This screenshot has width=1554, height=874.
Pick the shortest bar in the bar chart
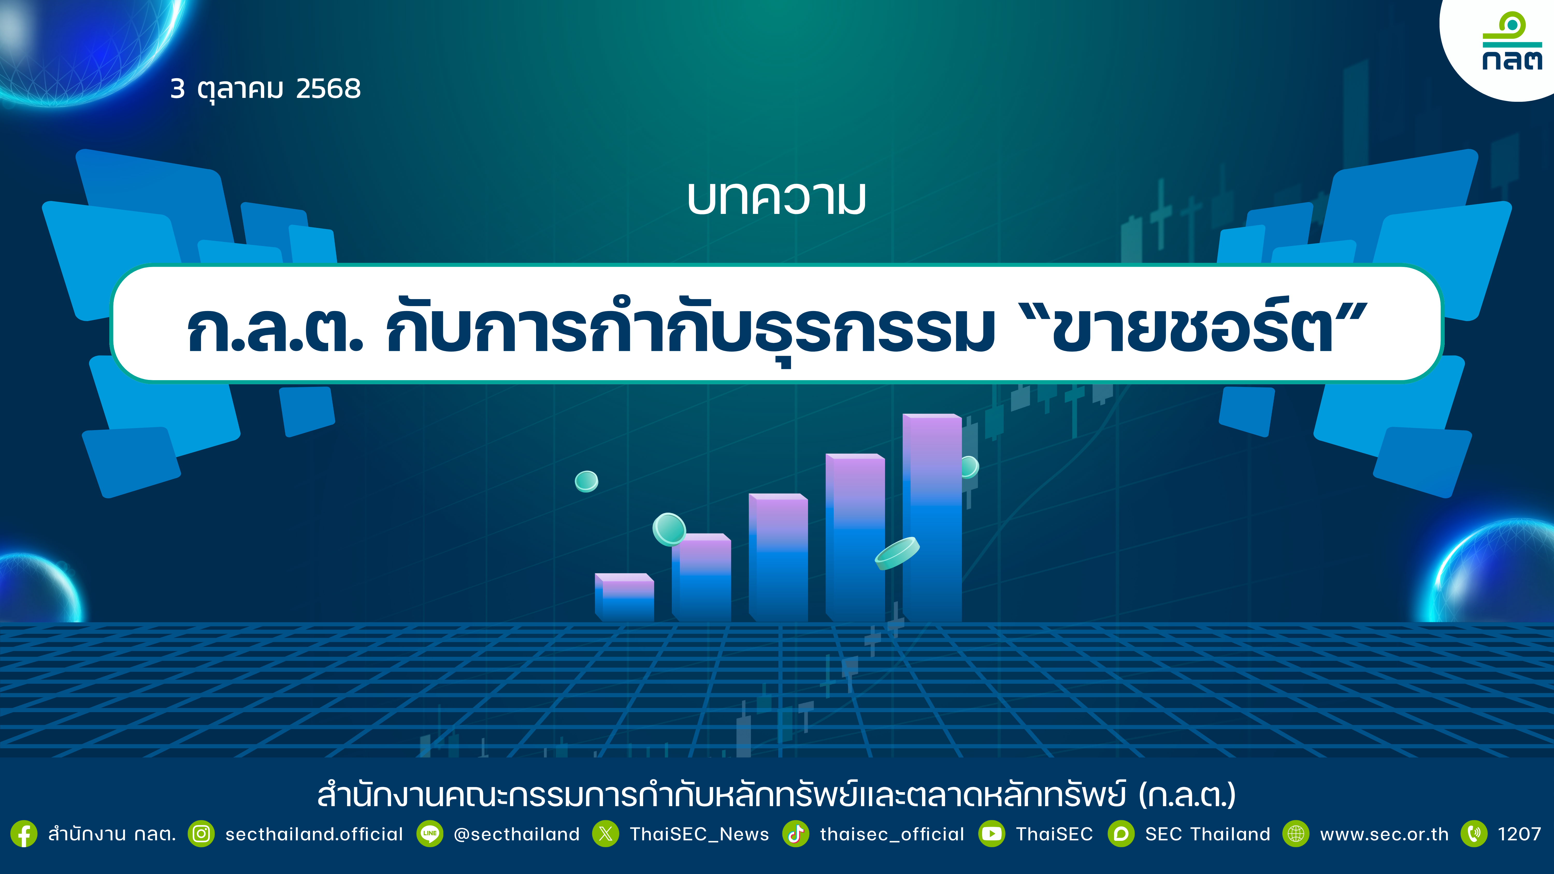(624, 597)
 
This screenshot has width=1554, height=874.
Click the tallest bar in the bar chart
(932, 517)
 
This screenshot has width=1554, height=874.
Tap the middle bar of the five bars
(778, 557)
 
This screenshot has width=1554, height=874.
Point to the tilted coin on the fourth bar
(897, 553)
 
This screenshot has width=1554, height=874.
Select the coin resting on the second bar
(669, 529)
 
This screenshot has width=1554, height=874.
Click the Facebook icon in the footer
(24, 834)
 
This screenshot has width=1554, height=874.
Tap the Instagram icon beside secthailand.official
(202, 834)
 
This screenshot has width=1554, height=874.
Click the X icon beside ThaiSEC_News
(606, 834)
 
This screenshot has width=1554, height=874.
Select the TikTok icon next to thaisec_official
(796, 834)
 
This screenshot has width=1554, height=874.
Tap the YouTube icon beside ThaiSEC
(992, 834)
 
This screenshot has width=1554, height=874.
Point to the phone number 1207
(1519, 834)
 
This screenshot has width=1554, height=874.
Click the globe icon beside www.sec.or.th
(1296, 834)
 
